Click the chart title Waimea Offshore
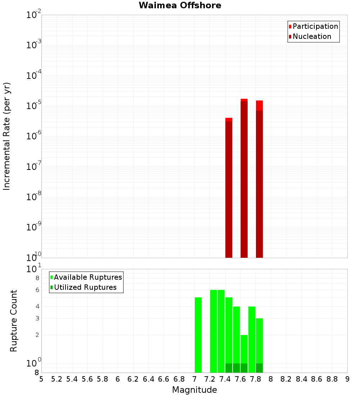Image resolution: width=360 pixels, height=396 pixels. tap(180, 5)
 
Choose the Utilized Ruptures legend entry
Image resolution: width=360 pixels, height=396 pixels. tap(85, 287)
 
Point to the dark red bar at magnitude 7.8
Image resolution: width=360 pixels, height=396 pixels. tap(259, 184)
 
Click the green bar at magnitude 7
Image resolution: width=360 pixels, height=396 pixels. tap(198, 335)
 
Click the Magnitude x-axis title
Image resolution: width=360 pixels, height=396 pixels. tap(194, 390)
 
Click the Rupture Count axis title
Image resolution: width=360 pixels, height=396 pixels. tap(14, 321)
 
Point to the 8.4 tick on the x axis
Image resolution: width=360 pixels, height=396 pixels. tap(302, 379)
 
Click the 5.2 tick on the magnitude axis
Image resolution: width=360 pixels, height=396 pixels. tap(57, 379)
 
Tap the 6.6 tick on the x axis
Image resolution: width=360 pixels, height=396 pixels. tap(164, 379)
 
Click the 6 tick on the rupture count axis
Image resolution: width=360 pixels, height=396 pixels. tap(37, 290)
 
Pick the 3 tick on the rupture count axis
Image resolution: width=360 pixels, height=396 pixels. tap(37, 318)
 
